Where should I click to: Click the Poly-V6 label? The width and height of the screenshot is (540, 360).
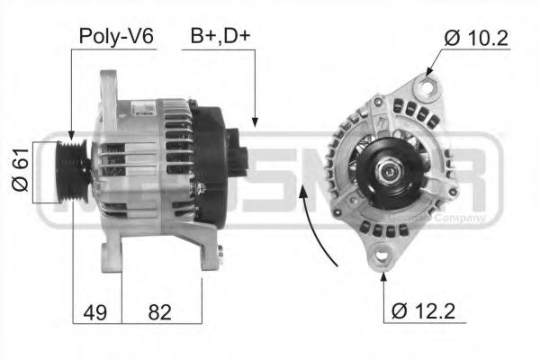coord(116,36)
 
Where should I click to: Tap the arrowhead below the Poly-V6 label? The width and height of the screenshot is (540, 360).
coord(71,132)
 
